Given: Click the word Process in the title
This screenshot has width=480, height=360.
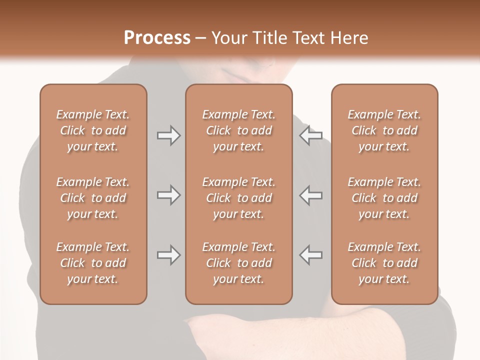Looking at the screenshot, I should (157, 38).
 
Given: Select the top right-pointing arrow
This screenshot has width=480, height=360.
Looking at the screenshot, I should (168, 135).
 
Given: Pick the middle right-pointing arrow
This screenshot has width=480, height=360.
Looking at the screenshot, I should (168, 195).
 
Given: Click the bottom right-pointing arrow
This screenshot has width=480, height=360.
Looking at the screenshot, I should (168, 255).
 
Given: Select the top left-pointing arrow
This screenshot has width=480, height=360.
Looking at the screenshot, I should (311, 135).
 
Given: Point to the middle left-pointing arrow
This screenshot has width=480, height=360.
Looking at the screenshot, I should (311, 195).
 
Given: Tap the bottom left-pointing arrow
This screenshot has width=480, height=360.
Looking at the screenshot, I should (311, 255).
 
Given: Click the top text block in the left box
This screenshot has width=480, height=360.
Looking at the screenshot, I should (93, 130).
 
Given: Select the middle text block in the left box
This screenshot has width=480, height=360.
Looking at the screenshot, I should (93, 198).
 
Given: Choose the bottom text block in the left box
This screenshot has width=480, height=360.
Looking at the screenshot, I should (93, 263).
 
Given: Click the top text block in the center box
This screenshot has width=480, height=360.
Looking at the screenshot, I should (238, 130).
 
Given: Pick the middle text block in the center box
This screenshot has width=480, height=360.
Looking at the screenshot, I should (238, 198).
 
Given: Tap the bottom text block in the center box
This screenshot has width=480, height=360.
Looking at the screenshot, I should (238, 263).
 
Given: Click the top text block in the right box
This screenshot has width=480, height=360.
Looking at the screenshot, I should (384, 130).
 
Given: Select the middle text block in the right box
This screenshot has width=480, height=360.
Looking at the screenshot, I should (384, 198).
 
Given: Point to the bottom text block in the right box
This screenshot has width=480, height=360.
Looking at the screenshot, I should (384, 263).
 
